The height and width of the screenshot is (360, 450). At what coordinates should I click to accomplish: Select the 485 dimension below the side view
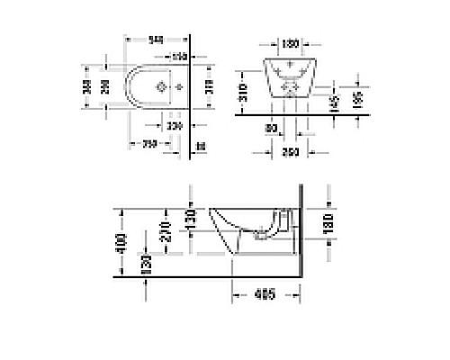click(263, 293)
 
